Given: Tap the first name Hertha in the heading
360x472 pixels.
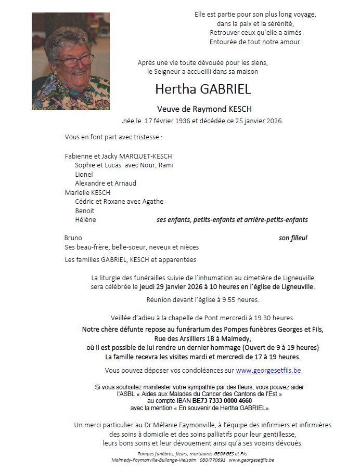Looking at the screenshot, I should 173,89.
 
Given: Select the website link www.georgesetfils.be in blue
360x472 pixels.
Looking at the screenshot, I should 268,371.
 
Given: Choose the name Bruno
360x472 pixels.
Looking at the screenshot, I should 73,238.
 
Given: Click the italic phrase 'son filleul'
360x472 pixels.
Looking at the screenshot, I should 293,238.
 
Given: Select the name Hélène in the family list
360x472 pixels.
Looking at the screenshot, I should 85,220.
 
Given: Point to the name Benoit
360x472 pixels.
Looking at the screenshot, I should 85,211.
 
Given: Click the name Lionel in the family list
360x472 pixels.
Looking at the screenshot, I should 84,174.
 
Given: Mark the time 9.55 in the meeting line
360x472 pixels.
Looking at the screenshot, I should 229,300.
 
